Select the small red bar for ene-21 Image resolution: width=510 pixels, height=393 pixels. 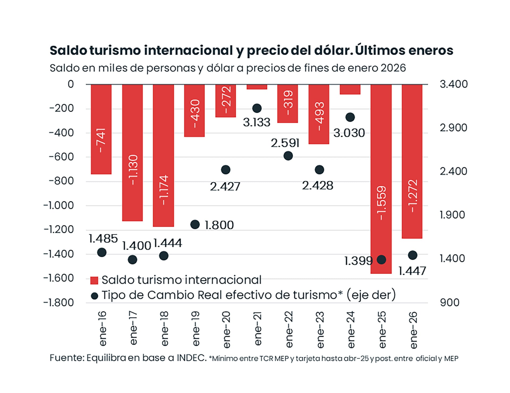point(257,87)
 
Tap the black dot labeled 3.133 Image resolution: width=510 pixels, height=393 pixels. point(257,108)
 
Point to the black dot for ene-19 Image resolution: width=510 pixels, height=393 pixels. point(195,224)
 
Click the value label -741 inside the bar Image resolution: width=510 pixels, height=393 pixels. point(101,140)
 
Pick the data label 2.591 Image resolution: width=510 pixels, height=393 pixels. point(285,143)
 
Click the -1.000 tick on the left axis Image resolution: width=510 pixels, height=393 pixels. point(59,206)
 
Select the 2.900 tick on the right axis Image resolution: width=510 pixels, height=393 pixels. point(453,128)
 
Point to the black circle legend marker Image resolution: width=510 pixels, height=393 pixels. point(95,296)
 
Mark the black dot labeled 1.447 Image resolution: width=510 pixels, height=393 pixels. point(413,255)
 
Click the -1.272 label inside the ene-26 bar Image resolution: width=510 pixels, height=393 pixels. point(413,196)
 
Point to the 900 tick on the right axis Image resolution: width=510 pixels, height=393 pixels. point(449,303)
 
